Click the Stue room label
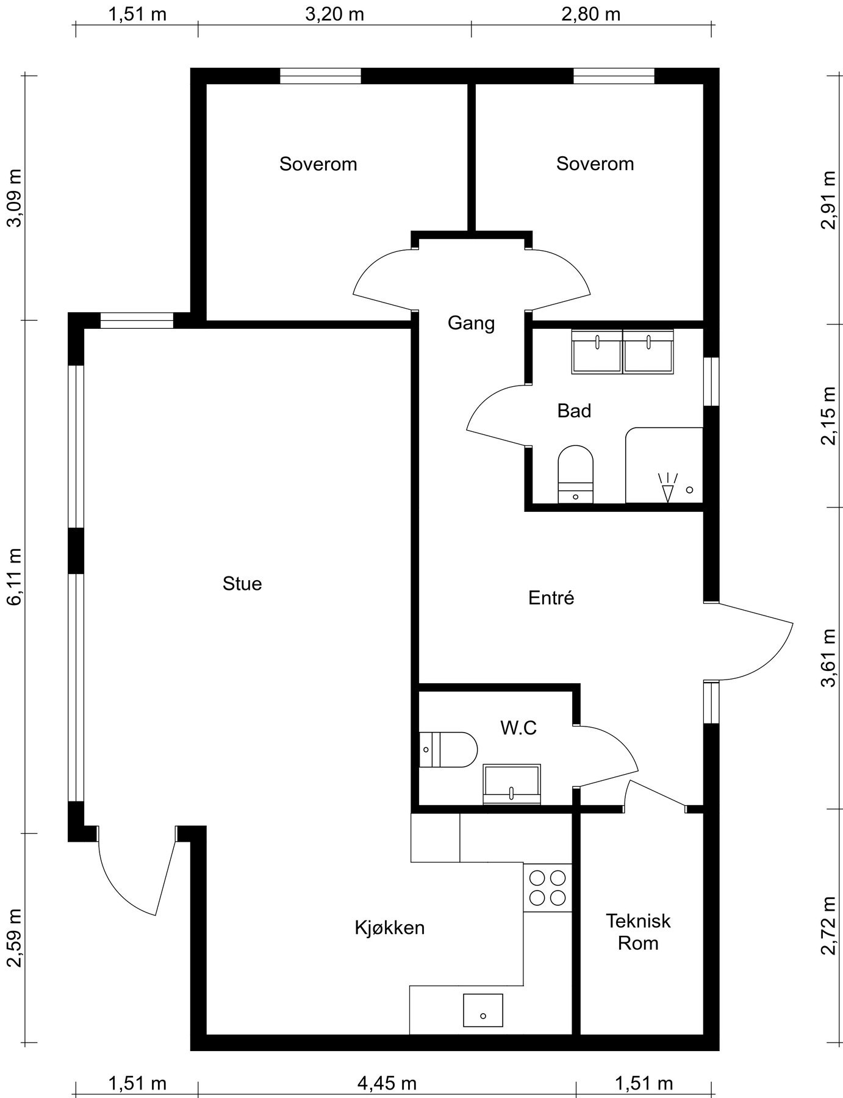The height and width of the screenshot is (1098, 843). [x=242, y=584]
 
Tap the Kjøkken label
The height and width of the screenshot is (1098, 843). [x=390, y=928]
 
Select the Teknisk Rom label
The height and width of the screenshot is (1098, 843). [x=638, y=931]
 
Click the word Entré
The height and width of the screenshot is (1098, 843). [x=551, y=598]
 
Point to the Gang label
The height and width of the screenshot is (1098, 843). [x=471, y=323]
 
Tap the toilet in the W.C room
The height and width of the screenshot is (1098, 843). [x=448, y=749]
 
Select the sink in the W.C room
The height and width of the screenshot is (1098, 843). [x=512, y=784]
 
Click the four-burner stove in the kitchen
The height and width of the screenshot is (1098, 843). [x=548, y=888]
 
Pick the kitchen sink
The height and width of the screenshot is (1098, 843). [x=483, y=1010]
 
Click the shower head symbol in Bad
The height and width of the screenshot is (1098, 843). [x=667, y=487]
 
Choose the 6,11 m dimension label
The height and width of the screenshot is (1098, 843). [x=14, y=576]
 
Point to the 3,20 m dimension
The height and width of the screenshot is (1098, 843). [x=334, y=13]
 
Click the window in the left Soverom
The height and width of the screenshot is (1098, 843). [x=320, y=76]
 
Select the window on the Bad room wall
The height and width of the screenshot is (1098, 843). [x=711, y=381]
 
